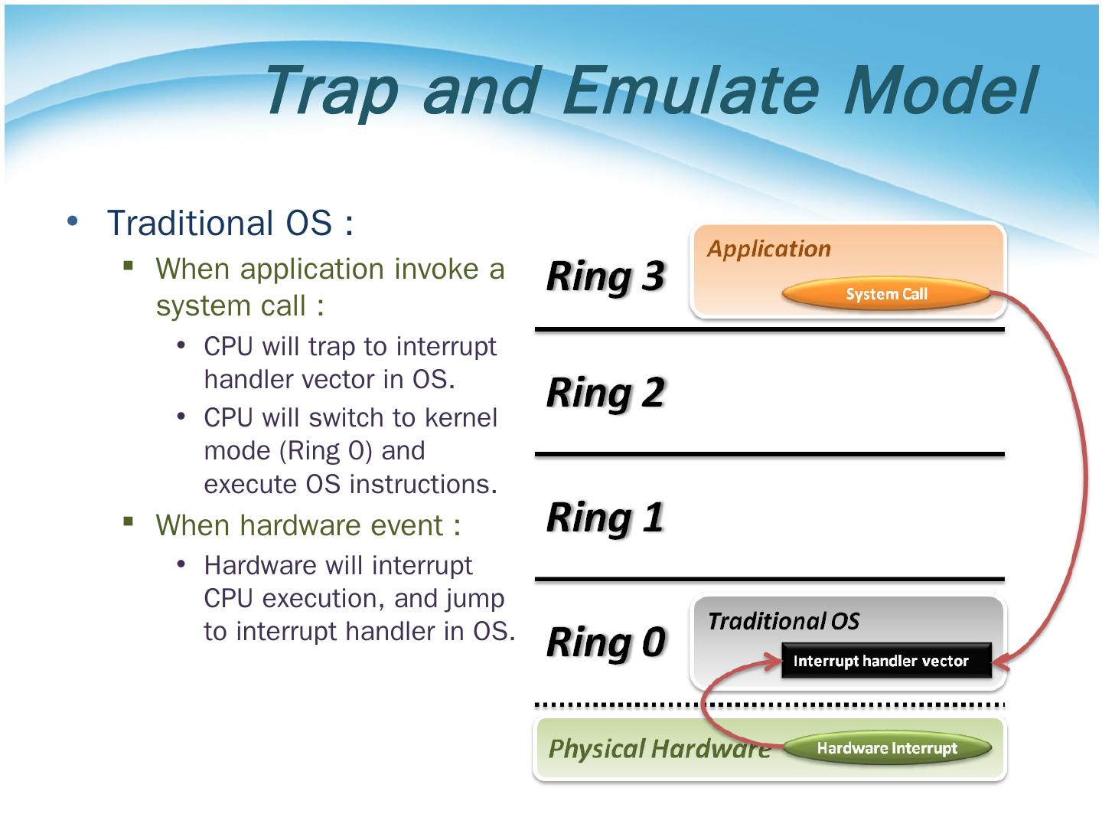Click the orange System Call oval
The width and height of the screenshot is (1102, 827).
pos(886,294)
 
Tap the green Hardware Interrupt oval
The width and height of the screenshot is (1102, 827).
pos(886,748)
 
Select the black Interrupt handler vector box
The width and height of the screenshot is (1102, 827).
pos(885,661)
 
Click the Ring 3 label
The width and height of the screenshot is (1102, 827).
pos(605,276)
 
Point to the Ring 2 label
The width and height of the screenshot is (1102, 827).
pos(605,393)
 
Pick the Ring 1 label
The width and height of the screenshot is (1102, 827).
pos(605,517)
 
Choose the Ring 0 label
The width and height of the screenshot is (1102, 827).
pos(605,642)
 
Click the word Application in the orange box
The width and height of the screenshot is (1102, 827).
pos(768,249)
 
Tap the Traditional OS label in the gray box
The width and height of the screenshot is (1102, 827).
pos(783,621)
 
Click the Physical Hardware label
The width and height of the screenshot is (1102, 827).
pos(658,748)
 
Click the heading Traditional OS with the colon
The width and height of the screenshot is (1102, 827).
pos(230,224)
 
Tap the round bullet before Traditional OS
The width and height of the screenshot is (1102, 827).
pos(73,221)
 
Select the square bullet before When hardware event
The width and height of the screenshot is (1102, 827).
pos(128,522)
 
